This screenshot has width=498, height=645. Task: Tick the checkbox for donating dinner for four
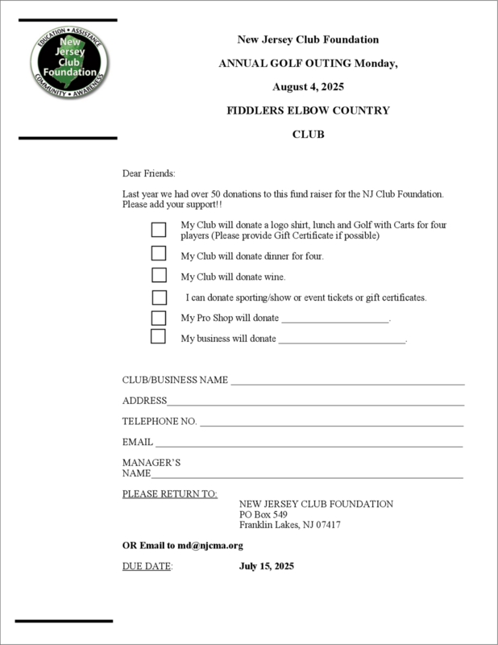click(159, 253)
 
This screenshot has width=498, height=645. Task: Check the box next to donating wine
click(159, 276)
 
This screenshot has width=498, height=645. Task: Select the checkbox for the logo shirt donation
click(159, 230)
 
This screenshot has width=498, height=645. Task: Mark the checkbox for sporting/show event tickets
click(159, 298)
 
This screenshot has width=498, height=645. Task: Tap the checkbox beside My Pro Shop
click(159, 317)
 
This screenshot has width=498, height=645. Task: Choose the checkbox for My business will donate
click(159, 337)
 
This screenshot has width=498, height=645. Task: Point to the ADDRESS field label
click(144, 401)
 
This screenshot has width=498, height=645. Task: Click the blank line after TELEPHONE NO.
click(331, 422)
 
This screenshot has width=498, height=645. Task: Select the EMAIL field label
click(137, 443)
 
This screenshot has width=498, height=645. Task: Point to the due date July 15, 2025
click(267, 566)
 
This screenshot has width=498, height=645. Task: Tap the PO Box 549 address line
click(264, 514)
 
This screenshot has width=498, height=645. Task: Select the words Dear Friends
click(148, 173)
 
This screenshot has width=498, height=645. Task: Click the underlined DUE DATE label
click(147, 566)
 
